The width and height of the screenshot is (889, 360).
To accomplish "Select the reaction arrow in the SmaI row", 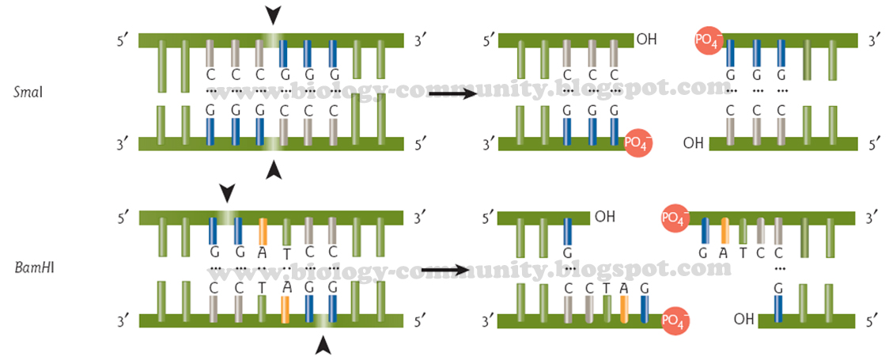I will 451,93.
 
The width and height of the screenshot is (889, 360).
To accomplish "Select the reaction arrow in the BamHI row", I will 451,270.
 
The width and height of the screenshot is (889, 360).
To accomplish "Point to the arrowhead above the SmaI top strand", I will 273,15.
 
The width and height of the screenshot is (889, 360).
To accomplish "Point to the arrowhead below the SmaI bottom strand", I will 273,169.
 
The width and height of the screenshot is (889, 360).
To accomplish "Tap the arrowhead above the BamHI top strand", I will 227,192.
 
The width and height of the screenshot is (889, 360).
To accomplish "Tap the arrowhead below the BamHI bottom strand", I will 323,345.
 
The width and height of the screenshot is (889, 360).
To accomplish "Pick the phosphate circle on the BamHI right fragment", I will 675,217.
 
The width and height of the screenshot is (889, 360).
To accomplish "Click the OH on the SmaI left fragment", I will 646,39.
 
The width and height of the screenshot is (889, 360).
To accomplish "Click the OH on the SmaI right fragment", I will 694,144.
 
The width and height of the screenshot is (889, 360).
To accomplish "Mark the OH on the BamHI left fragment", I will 605,216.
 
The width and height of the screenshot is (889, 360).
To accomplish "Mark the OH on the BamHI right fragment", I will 743,320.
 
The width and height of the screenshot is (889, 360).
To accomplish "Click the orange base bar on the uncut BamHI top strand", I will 263,230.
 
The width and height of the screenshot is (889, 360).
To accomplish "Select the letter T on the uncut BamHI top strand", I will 286,253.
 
